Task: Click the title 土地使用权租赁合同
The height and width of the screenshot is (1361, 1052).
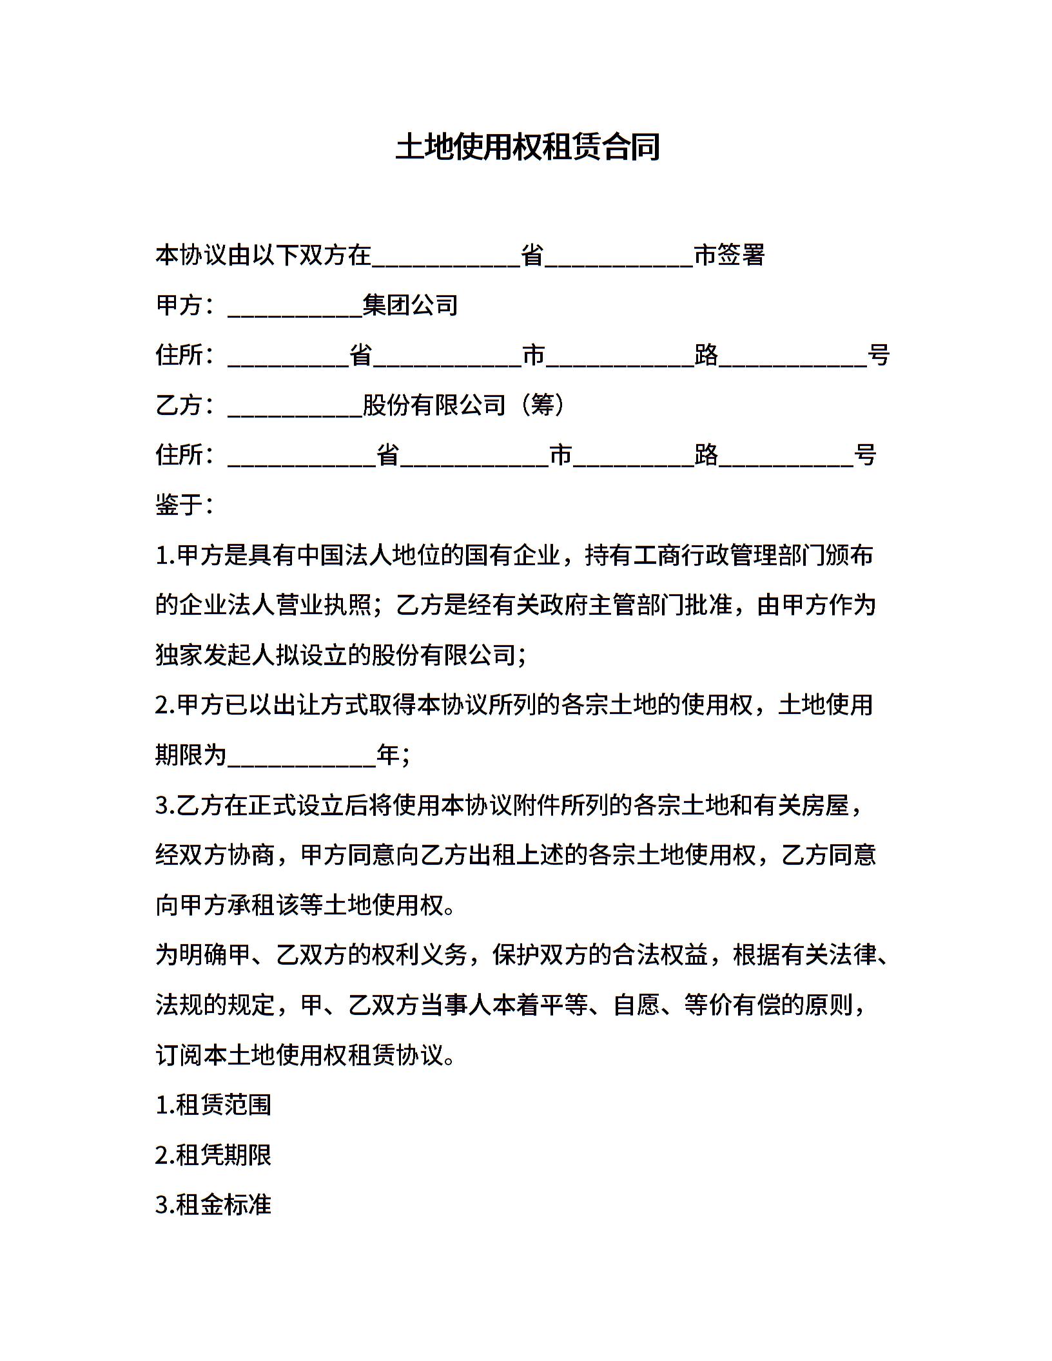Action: tap(527, 147)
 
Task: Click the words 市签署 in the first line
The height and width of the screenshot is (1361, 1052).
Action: tap(729, 255)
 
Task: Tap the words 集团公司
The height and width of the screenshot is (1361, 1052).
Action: tap(410, 305)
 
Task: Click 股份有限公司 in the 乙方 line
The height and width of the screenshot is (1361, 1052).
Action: tap(434, 405)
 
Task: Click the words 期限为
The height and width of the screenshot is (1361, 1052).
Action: tap(191, 755)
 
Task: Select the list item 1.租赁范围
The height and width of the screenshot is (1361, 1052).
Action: tap(213, 1105)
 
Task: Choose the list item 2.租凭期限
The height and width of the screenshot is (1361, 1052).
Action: tap(213, 1155)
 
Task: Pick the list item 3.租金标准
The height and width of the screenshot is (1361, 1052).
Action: tap(213, 1204)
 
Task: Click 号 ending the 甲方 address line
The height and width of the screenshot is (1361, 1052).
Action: tap(879, 355)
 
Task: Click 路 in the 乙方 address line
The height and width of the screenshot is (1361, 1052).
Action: tap(706, 455)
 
